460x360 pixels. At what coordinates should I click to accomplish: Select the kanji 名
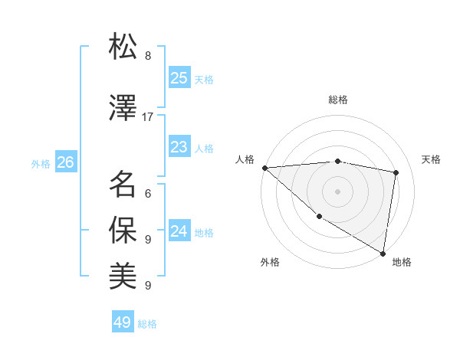(x=123, y=184)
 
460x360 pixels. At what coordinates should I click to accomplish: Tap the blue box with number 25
(x=179, y=78)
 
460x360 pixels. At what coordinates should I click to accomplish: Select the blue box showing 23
(x=179, y=147)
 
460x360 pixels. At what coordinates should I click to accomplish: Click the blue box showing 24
(x=179, y=231)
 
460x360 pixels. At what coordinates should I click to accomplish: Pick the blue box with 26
(x=64, y=162)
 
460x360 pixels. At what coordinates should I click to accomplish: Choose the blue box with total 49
(x=123, y=322)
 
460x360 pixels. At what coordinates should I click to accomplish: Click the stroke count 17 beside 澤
(x=148, y=117)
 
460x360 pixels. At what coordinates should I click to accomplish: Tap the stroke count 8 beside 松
(x=148, y=56)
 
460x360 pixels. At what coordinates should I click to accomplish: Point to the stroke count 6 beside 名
(x=148, y=194)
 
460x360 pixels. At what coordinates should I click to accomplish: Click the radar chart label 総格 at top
(x=338, y=100)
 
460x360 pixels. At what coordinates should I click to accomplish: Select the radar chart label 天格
(x=431, y=159)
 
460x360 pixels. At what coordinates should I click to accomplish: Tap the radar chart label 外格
(x=270, y=262)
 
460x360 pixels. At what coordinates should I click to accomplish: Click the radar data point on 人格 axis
(x=264, y=168)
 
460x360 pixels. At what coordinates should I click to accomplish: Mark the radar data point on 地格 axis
(x=383, y=253)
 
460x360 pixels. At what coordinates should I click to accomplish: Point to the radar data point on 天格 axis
(x=396, y=172)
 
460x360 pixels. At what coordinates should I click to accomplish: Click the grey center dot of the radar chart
(x=337, y=191)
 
